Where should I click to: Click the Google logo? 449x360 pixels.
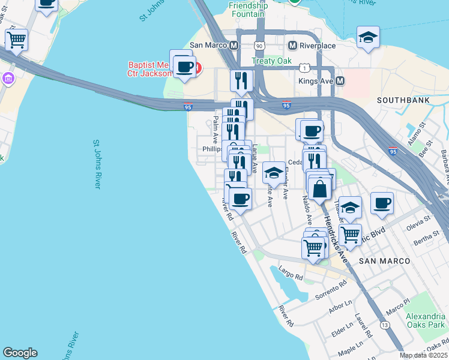pos(20,353)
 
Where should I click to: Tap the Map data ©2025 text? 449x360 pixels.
pos(424,355)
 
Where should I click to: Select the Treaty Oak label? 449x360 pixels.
pos(271,61)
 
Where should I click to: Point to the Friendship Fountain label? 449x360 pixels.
pos(247,10)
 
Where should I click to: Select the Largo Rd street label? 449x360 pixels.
pos(291,275)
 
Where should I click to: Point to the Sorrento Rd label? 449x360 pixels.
pos(331,290)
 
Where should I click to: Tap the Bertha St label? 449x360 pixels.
pos(427,241)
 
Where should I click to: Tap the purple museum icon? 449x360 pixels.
pos(7,78)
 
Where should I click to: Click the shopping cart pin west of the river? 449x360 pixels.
pos(17,40)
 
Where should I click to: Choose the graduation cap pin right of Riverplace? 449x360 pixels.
pos(368,37)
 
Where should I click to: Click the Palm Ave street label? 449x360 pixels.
pos(215,130)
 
